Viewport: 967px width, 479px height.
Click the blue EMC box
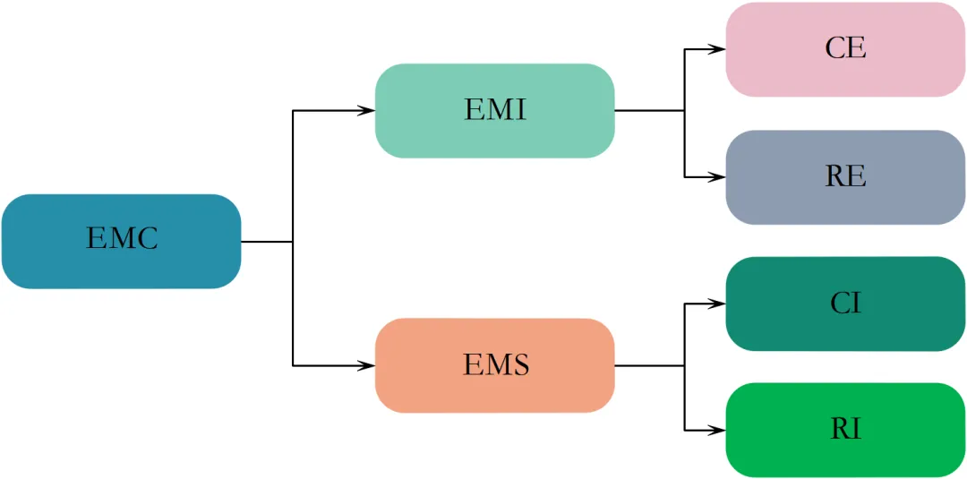pyautogui.click(x=121, y=241)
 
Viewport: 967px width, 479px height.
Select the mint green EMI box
pyautogui.click(x=494, y=111)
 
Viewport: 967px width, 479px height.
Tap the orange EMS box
pyautogui.click(x=494, y=365)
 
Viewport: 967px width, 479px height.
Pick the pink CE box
pyautogui.click(x=845, y=49)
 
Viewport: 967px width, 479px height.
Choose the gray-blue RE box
pyautogui.click(x=845, y=177)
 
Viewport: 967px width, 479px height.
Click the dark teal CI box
pyautogui.click(x=845, y=304)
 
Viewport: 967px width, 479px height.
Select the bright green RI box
pyautogui.click(x=845, y=431)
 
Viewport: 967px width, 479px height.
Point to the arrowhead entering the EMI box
pyautogui.click(x=367, y=111)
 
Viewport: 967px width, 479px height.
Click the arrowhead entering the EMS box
pyautogui.click(x=367, y=365)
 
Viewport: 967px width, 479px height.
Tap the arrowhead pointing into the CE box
pyautogui.click(x=718, y=49)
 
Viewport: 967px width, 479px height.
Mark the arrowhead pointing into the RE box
pyautogui.click(x=718, y=177)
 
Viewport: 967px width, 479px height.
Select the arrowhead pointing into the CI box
pyautogui.click(x=718, y=304)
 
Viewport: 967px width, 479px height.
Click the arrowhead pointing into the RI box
pyautogui.click(x=718, y=431)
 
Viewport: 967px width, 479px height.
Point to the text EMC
pyautogui.click(x=122, y=239)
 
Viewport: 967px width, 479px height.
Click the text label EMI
pyautogui.click(x=495, y=110)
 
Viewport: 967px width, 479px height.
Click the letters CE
pyautogui.click(x=845, y=48)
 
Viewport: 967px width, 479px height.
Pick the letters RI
pyautogui.click(x=845, y=430)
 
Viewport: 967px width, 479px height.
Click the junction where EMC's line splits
pyautogui.click(x=293, y=241)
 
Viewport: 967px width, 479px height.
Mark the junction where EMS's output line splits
pyautogui.click(x=685, y=365)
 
